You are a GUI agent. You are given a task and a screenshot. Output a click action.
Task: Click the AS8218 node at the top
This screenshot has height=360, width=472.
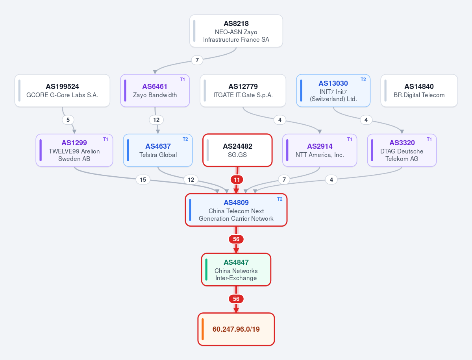point(236,31)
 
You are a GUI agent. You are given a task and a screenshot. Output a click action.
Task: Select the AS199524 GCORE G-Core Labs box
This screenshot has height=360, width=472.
point(62,90)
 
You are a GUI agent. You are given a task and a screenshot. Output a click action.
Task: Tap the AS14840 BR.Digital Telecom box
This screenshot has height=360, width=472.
point(419,90)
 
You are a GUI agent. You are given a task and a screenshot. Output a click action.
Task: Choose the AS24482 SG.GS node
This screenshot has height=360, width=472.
point(237,150)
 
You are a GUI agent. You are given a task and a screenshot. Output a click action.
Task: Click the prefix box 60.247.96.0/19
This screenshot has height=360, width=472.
point(236,329)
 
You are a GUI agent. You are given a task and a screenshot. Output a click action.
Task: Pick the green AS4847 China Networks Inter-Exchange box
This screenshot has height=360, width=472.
point(236,270)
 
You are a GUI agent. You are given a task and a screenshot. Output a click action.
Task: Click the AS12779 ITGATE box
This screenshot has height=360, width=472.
point(243,90)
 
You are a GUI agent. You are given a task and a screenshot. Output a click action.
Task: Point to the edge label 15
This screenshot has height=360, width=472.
point(143,179)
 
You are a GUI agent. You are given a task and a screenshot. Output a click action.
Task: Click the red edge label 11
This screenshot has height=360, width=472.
point(237,180)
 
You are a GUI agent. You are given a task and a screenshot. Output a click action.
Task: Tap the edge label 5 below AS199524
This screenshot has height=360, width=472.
point(68,120)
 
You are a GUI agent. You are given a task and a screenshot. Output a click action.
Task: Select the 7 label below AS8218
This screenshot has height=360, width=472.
point(197,60)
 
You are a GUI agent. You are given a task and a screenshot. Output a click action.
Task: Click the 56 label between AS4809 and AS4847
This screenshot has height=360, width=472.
point(236,239)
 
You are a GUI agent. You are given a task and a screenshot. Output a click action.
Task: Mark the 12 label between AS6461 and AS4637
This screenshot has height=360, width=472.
point(156,120)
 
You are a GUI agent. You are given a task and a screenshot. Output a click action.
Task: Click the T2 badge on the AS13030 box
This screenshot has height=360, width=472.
point(363,79)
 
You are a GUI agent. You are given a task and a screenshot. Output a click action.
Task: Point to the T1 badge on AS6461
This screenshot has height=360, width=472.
point(182,79)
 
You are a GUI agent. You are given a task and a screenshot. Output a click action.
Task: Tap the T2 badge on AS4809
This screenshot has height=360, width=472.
point(279,199)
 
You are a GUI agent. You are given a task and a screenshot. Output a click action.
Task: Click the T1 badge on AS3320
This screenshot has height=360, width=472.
point(429,139)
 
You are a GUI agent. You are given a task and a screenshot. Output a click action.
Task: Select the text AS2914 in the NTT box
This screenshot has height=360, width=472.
point(320,146)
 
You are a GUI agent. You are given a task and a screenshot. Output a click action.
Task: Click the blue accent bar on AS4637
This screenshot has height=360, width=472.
point(128,150)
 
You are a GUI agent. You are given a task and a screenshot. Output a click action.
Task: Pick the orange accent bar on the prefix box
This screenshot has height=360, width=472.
point(203,329)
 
